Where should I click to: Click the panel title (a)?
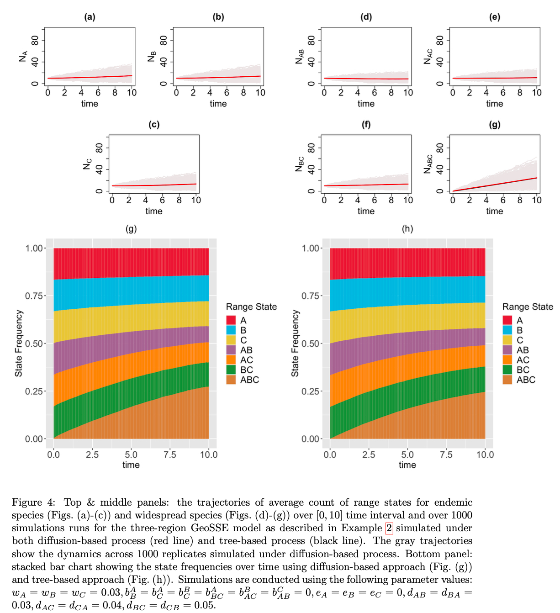click(x=90, y=17)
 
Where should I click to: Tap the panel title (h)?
click(x=407, y=229)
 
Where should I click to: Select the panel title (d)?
click(x=366, y=17)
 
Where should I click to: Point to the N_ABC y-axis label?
click(x=428, y=164)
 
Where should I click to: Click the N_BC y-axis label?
click(x=300, y=164)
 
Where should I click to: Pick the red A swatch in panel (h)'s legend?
click(x=507, y=320)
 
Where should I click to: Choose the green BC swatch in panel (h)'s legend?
click(x=507, y=370)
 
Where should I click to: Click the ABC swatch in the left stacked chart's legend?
click(x=231, y=380)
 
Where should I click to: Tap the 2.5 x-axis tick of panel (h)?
click(x=369, y=454)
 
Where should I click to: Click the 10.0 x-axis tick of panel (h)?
click(x=485, y=454)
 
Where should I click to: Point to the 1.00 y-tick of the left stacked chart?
click(x=34, y=248)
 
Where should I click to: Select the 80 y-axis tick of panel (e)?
click(x=440, y=40)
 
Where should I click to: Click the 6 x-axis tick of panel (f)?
click(x=375, y=200)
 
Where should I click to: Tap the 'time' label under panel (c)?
click(x=154, y=211)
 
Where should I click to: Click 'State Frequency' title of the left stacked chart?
click(x=19, y=343)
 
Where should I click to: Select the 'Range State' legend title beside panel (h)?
click(x=528, y=307)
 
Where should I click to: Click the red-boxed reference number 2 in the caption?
click(x=389, y=528)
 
